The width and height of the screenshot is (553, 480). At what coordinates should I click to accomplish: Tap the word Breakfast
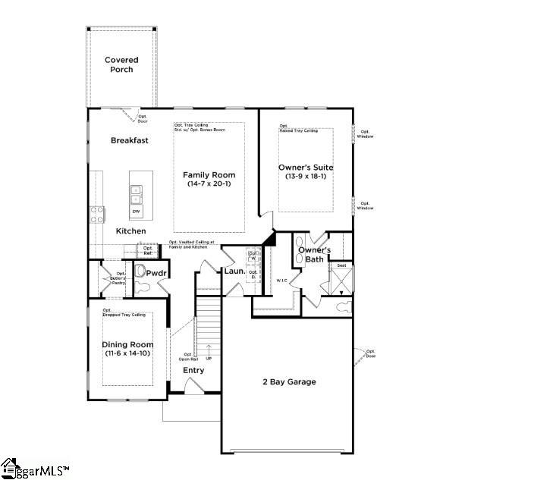(129, 140)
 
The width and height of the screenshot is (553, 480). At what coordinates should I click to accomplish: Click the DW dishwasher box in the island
(137, 212)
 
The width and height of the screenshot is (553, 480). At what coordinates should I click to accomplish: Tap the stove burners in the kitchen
(98, 214)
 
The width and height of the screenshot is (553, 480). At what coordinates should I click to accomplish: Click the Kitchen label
(130, 231)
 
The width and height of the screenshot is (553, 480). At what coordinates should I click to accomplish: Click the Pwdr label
(156, 272)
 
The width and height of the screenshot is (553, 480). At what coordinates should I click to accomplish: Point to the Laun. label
(233, 271)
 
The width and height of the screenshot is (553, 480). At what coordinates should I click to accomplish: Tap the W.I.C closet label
(281, 281)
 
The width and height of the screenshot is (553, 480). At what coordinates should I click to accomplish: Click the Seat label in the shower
(341, 265)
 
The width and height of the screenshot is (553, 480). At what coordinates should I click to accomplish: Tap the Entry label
(193, 370)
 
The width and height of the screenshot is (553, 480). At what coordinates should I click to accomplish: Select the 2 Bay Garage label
(288, 381)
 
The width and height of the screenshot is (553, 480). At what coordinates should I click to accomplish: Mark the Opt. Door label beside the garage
(370, 353)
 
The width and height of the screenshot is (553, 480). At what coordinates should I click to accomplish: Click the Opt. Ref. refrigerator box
(147, 250)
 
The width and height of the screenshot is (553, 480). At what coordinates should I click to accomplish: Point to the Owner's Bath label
(314, 254)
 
